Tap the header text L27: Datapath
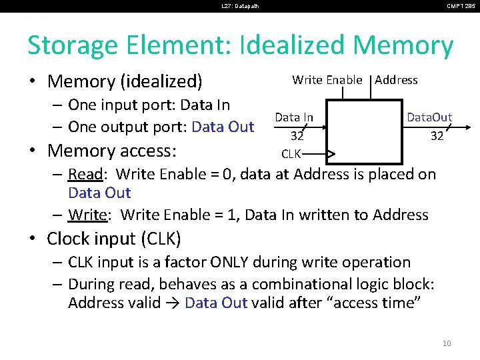[x=240, y=7]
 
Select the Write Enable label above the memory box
[x=327, y=80]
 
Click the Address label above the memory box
[x=396, y=80]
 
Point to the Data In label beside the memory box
[x=294, y=117]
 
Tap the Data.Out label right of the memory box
[x=429, y=117]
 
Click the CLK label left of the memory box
[x=291, y=155]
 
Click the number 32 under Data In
[x=297, y=136]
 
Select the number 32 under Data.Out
[x=437, y=136]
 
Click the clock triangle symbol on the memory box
[x=330, y=155]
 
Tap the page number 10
[x=446, y=343]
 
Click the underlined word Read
[x=85, y=175]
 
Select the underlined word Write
[x=85, y=215]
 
